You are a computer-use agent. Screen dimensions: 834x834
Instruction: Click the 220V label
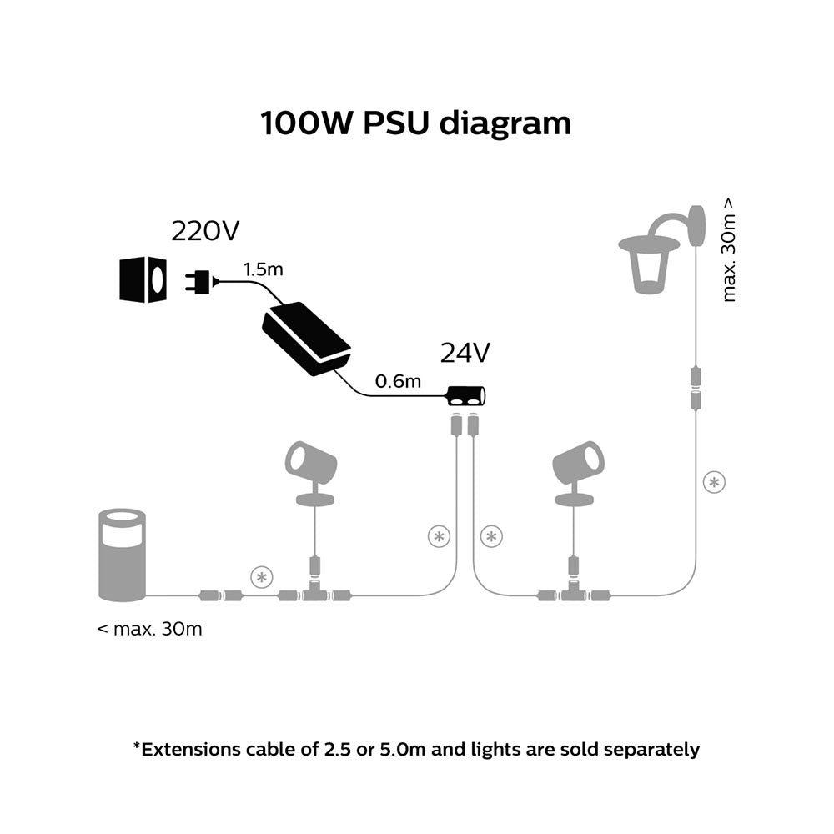(204, 231)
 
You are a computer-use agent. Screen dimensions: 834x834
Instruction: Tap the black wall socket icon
(143, 279)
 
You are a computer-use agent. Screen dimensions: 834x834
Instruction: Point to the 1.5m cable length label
(263, 269)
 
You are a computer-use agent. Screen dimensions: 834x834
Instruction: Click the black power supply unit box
(306, 339)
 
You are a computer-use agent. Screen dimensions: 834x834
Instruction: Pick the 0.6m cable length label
(398, 381)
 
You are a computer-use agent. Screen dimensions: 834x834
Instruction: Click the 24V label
(465, 354)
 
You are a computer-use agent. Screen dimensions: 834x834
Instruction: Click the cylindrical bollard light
(123, 555)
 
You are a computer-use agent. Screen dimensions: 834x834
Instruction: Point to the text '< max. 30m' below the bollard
(149, 629)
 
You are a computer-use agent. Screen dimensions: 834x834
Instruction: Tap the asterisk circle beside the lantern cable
(713, 482)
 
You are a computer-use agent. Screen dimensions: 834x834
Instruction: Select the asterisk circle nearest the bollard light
(262, 575)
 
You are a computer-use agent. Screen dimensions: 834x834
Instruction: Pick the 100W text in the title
(307, 123)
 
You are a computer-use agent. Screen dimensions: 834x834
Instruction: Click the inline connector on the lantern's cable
(695, 389)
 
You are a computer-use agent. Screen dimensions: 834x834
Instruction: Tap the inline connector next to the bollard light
(219, 595)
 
